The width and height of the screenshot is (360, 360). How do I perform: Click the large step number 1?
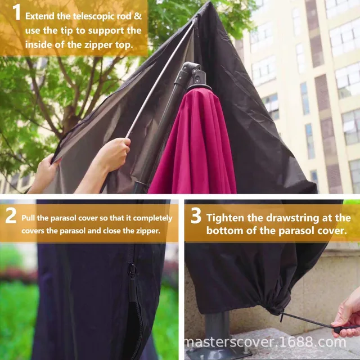coord(15,13)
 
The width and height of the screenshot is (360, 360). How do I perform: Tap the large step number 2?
coord(11,217)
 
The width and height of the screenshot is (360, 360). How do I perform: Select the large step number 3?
coord(195,216)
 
